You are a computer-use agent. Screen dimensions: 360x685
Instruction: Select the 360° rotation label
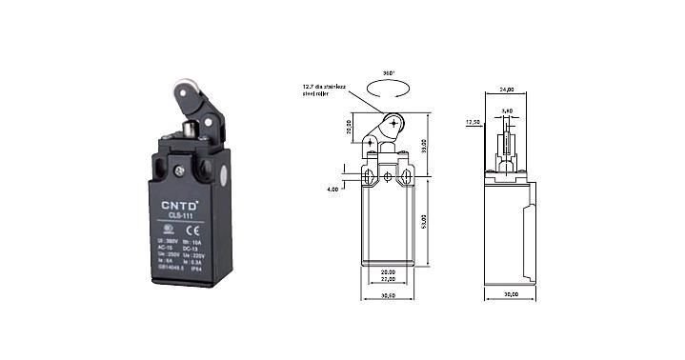(x=388, y=71)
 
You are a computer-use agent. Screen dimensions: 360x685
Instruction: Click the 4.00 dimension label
(x=332, y=189)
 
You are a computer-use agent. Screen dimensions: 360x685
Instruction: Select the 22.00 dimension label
(x=388, y=279)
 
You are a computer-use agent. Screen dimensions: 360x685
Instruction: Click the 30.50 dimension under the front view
(x=388, y=297)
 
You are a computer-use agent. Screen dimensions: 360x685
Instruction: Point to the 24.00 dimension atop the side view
(x=506, y=90)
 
